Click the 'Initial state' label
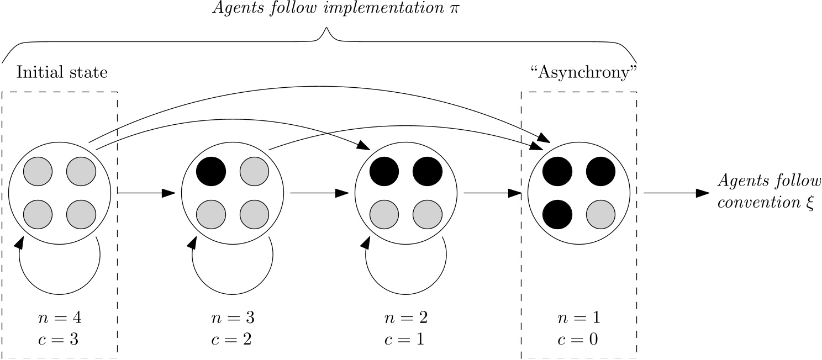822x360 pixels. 62,72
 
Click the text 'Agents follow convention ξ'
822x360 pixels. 768,193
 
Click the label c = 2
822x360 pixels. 231,338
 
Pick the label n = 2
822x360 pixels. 405,319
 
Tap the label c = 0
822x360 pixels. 578,338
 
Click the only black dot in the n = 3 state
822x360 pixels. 211,172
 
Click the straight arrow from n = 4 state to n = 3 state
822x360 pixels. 146,193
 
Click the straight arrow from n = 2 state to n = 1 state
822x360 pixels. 492,193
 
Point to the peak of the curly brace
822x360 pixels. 326,31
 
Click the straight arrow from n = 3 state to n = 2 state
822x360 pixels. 319,193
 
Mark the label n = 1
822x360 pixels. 578,319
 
